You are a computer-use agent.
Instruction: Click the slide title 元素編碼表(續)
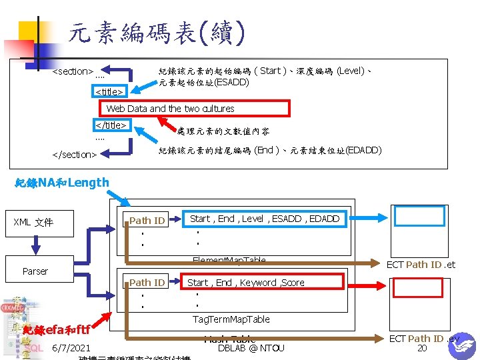point(157,32)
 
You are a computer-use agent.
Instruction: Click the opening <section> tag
point(73,71)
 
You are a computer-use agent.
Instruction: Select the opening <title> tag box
point(109,91)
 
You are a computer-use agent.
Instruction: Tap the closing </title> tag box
point(111,125)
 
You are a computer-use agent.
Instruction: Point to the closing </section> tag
point(75,155)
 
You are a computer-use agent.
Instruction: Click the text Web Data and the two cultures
point(171,108)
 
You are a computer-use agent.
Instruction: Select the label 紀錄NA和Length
point(62,183)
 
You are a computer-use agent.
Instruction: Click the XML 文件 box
point(33,222)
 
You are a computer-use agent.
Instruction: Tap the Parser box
point(35,271)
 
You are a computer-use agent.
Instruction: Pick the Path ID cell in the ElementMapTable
point(147,221)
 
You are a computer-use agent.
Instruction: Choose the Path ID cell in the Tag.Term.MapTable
point(147,283)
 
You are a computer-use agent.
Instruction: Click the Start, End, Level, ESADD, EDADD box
point(265,219)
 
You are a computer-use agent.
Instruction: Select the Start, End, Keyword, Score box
point(246,283)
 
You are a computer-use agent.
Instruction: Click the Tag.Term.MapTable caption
point(231,319)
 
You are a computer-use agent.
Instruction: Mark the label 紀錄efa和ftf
point(56,330)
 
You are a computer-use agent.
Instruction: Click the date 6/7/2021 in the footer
point(71,348)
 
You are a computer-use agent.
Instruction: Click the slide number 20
point(421,348)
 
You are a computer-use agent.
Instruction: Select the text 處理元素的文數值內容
point(213,131)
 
